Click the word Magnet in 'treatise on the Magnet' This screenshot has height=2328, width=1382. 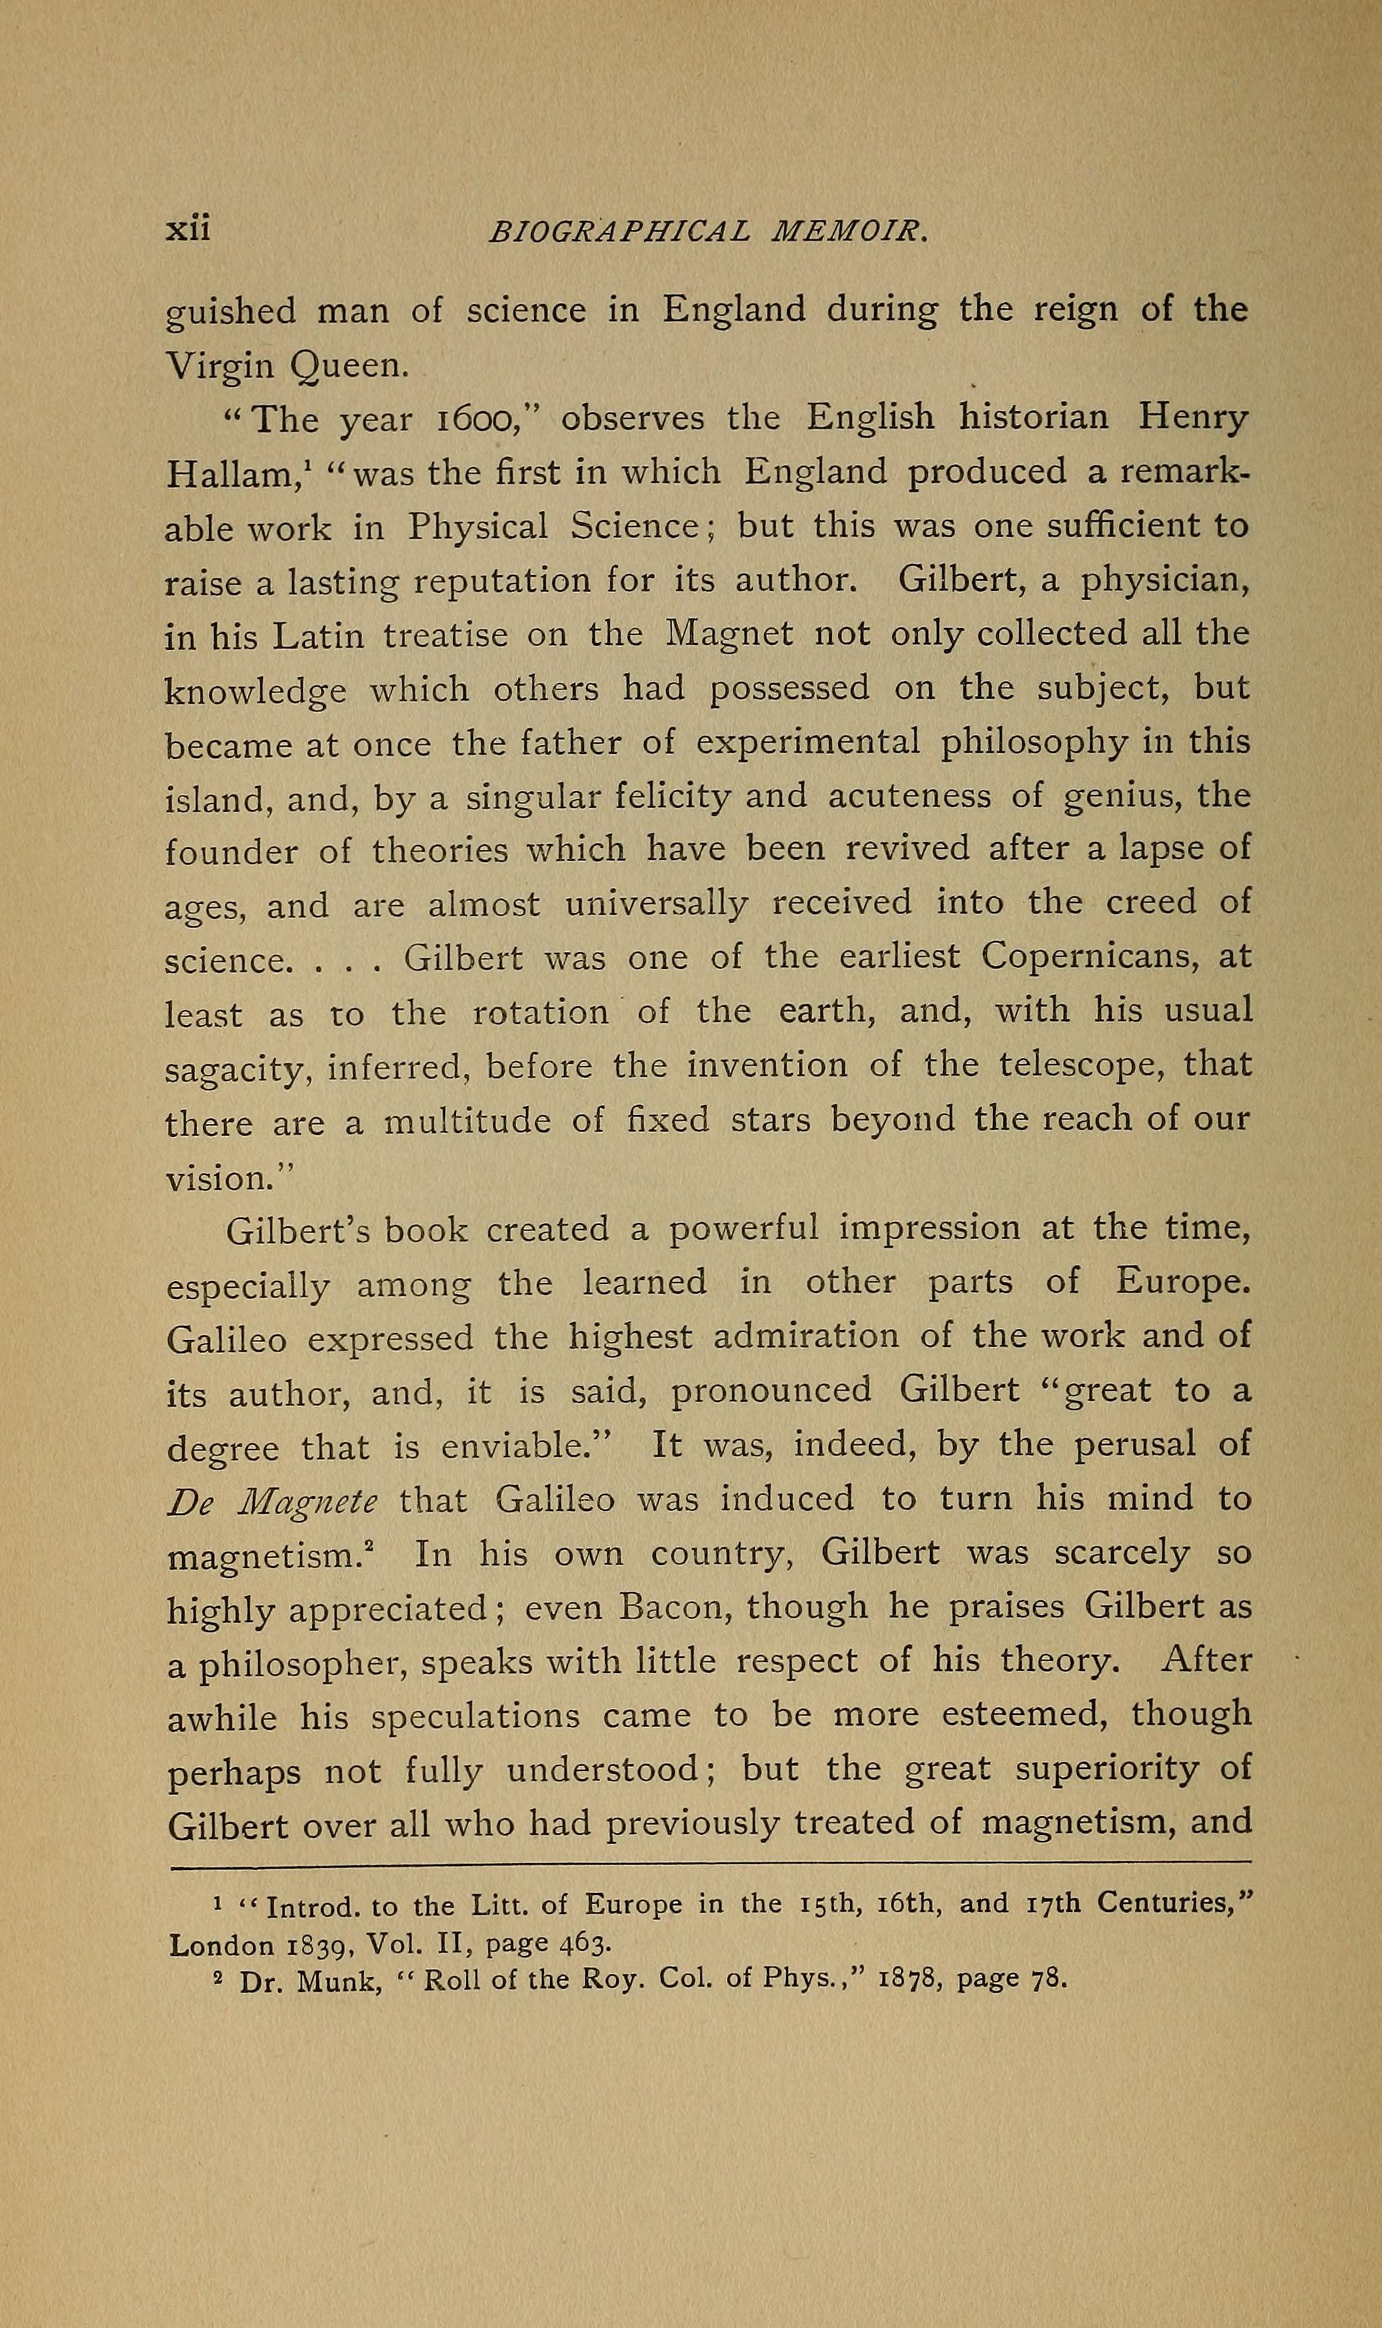[728, 634]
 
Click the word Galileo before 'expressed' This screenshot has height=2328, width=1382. [227, 1338]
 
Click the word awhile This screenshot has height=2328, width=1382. [222, 1716]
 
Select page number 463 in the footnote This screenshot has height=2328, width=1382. [584, 1945]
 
